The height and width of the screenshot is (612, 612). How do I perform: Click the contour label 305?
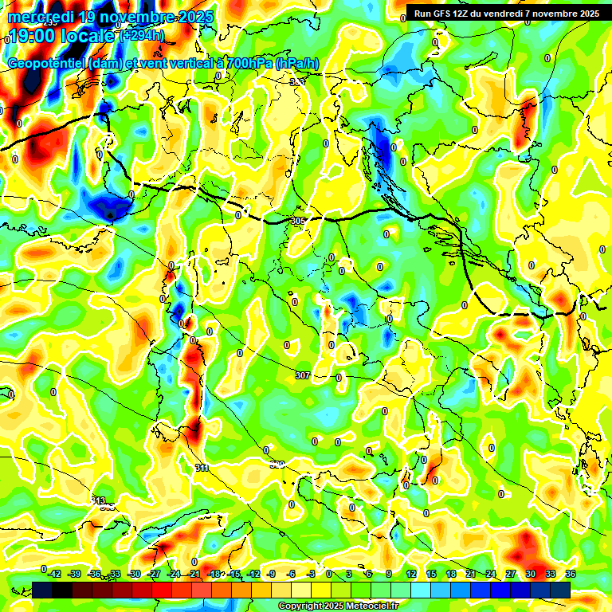(298, 221)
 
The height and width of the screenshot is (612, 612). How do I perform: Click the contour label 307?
(303, 375)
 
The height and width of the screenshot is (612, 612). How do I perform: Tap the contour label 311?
(202, 468)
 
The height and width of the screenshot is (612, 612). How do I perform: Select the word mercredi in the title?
(38, 17)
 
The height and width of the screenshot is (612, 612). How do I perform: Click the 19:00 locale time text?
(61, 36)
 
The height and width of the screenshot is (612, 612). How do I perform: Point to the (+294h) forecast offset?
(143, 36)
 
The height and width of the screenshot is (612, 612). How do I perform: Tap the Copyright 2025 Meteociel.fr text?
(338, 606)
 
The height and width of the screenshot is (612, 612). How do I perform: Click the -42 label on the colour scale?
(54, 574)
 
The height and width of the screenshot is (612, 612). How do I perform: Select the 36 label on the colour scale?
(571, 574)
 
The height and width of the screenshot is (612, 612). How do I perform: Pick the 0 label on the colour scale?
(329, 574)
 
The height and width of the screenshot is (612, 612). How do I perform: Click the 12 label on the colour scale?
(411, 574)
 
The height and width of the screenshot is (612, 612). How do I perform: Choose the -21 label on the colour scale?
(194, 574)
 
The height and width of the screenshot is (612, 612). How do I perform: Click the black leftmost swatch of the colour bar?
(42, 590)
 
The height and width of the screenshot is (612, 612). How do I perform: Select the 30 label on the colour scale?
(531, 574)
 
